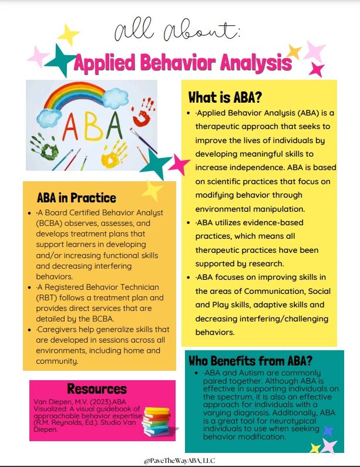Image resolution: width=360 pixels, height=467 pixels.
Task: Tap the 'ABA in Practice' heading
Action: [x=76, y=198]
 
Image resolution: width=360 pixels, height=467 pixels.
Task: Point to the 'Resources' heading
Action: [x=97, y=388]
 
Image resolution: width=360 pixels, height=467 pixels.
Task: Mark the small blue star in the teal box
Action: [x=328, y=431]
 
